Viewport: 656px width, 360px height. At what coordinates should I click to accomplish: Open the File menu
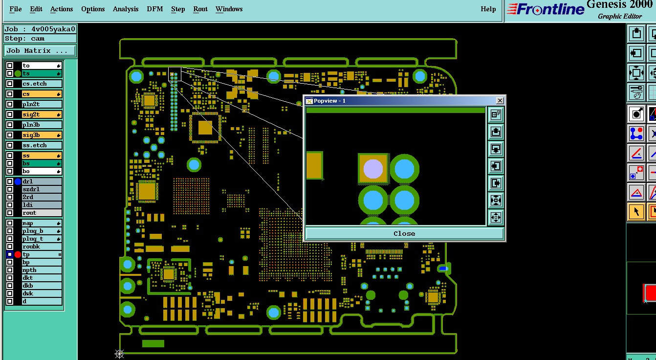tap(16, 9)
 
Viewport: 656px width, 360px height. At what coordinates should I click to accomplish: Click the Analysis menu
tap(126, 9)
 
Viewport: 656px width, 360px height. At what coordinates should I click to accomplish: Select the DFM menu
tap(155, 9)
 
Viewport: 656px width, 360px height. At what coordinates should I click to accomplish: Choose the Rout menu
tap(200, 9)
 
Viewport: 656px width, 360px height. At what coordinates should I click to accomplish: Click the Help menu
tap(488, 9)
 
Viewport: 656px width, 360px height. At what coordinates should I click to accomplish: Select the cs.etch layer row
tap(42, 84)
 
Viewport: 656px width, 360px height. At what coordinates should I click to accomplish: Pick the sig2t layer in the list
tap(42, 114)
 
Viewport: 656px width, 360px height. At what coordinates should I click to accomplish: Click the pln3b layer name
tap(31, 125)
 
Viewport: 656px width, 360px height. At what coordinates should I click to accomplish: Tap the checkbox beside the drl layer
tap(10, 181)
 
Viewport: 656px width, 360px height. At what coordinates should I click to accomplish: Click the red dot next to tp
tap(18, 254)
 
